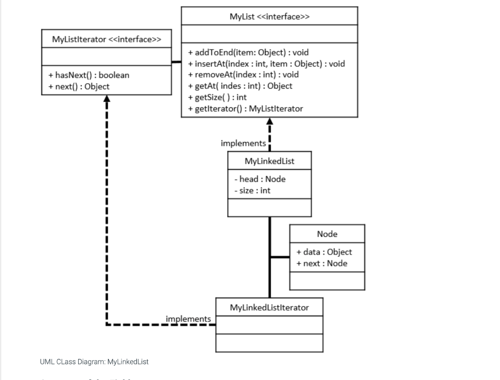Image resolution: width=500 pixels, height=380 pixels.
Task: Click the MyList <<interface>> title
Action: (270, 17)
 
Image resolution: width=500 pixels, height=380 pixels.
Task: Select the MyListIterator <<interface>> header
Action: (107, 39)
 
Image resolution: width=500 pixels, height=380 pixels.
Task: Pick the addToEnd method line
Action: (249, 52)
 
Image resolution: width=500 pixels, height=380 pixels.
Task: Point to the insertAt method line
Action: (267, 64)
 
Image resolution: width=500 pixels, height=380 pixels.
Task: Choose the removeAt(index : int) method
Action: (244, 75)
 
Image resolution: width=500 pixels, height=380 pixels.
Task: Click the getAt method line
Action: (240, 86)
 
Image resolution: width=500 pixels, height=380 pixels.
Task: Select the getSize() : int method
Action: (217, 97)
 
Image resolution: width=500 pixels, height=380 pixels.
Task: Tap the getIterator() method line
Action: (245, 109)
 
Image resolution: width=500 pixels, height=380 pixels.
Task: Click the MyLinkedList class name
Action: (269, 161)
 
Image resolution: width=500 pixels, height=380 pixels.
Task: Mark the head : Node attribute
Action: (260, 179)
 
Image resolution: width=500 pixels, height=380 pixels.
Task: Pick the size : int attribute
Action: (252, 190)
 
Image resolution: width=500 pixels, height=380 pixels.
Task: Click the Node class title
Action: (327, 234)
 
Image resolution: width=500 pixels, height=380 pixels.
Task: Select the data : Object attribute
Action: (324, 252)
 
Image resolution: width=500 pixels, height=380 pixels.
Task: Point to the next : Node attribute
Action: (322, 263)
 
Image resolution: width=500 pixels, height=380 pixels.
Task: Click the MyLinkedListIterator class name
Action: (269, 307)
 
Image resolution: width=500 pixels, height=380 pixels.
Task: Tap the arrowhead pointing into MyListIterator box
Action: (107, 99)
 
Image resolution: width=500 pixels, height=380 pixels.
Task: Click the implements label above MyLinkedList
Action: (243, 143)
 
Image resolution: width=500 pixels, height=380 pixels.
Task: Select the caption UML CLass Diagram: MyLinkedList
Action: (94, 362)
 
